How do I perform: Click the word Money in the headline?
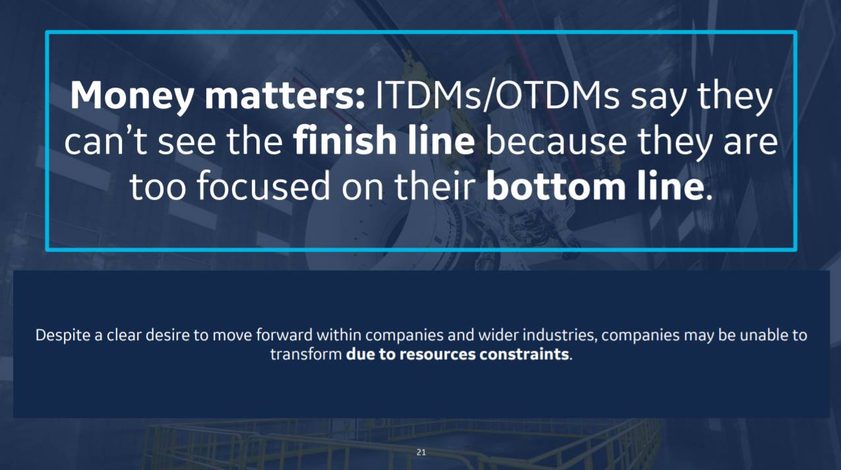132,96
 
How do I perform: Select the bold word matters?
285,96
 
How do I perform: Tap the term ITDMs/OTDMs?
496,96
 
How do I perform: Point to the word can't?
107,141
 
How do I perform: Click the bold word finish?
344,140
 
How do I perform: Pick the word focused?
263,185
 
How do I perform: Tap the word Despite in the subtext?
63,336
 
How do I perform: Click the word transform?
306,355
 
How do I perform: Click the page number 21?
421,452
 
